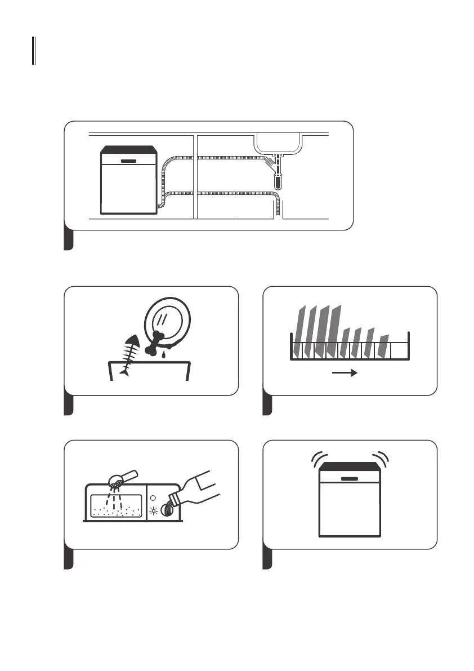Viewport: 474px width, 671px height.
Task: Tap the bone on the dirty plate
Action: pyautogui.click(x=158, y=343)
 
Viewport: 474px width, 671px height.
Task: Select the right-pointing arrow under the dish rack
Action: pyautogui.click(x=345, y=372)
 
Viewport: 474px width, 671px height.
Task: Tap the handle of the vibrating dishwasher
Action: pyautogui.click(x=350, y=478)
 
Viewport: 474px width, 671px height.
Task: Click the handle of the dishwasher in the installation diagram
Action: pyautogui.click(x=129, y=161)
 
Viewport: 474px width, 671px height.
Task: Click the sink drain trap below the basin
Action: pyautogui.click(x=278, y=179)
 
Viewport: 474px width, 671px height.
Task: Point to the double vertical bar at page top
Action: pyautogui.click(x=34, y=51)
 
